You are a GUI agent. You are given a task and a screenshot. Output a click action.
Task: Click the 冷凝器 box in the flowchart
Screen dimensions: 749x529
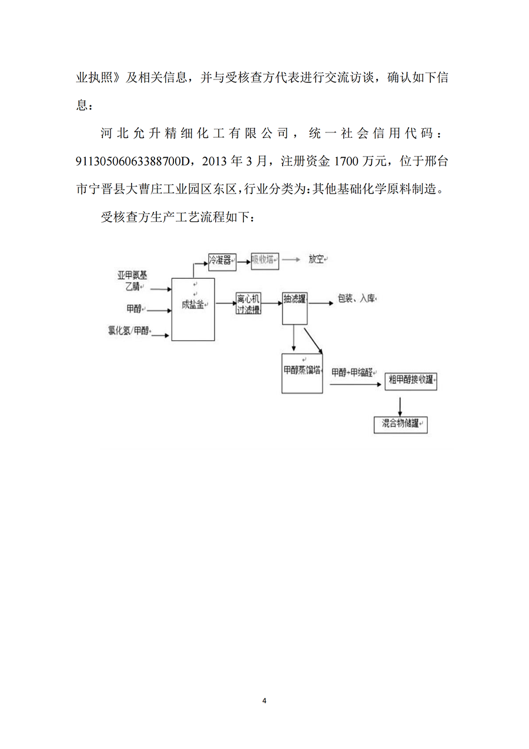[x=222, y=261]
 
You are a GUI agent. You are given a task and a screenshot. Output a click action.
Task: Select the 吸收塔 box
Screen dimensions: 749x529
[x=265, y=261]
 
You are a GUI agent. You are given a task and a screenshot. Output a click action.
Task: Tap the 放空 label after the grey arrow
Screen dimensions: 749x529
[x=317, y=259]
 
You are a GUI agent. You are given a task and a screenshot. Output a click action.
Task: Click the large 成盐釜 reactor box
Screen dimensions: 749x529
[x=193, y=309]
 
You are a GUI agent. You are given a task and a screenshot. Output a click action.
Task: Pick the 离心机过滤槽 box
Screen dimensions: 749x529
[x=249, y=304]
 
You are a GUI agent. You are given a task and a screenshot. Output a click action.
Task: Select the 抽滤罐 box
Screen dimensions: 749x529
[x=295, y=307]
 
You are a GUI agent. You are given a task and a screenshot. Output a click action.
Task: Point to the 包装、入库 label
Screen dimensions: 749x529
[x=356, y=298]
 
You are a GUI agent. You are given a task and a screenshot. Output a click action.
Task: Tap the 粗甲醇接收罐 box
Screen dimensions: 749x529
[x=411, y=381]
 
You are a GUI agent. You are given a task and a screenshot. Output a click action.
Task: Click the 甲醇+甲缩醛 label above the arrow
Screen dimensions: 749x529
[x=352, y=372]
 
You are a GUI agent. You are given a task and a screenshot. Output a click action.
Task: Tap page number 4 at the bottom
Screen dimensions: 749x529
[x=264, y=701]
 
